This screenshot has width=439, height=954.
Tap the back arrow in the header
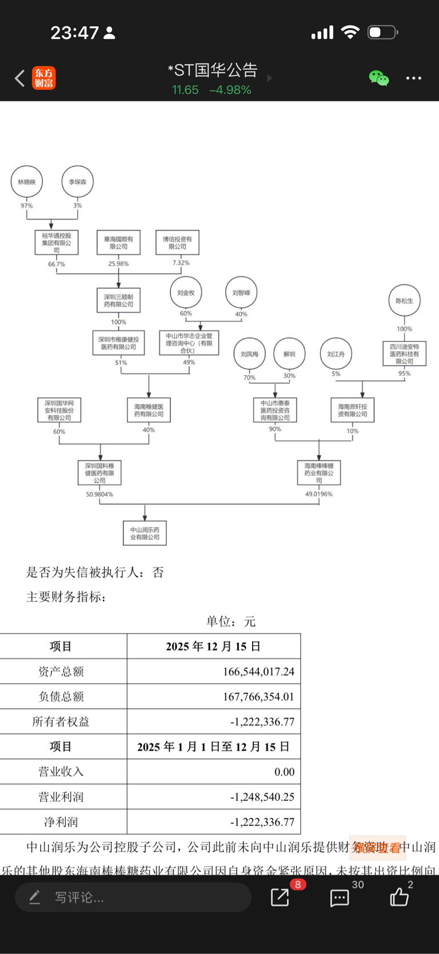pyautogui.click(x=20, y=78)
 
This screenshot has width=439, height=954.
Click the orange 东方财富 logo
pyautogui.click(x=44, y=78)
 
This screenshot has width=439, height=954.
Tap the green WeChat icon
pyautogui.click(x=378, y=78)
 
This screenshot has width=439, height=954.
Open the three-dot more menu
pyautogui.click(x=413, y=78)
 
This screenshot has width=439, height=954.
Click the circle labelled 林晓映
pyautogui.click(x=27, y=182)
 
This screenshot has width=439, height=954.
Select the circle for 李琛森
pyautogui.click(x=78, y=182)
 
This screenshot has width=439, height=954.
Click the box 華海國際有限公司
pyautogui.click(x=118, y=243)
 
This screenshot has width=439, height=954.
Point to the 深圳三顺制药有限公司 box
pyautogui.click(x=118, y=301)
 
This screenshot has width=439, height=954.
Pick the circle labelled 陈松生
pyautogui.click(x=404, y=301)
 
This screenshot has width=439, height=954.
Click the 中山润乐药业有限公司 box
pyautogui.click(x=145, y=533)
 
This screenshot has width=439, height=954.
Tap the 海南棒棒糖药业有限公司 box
pyautogui.click(x=319, y=473)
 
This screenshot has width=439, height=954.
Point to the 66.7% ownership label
pyautogui.click(x=57, y=264)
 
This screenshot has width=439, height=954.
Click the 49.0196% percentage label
pyautogui.click(x=318, y=494)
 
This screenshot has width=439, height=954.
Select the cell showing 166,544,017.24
pyautogui.click(x=258, y=672)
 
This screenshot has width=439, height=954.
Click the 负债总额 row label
pyautogui.click(x=61, y=697)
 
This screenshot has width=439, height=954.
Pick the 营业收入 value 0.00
pyautogui.click(x=284, y=772)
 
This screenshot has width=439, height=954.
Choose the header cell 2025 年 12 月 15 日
pyautogui.click(x=213, y=646)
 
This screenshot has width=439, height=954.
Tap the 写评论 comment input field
pyautogui.click(x=133, y=897)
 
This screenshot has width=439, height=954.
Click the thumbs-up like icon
pyautogui.click(x=400, y=897)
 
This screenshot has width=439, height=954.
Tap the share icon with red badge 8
pyautogui.click(x=280, y=897)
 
